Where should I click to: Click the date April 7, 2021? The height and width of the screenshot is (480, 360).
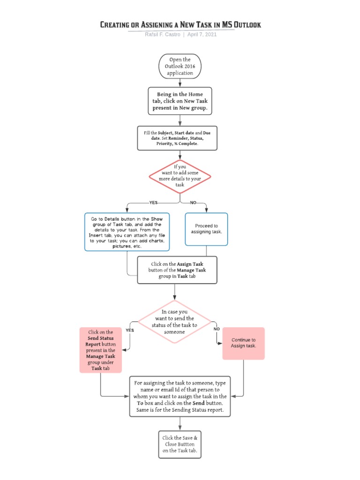[x=202, y=35]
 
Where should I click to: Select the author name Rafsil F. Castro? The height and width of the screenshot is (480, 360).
[x=163, y=35]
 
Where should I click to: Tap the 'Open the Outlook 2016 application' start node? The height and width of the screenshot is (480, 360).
[x=180, y=66]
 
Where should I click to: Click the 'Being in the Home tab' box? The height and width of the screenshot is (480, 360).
[x=180, y=101]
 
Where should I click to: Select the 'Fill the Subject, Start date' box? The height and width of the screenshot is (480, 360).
[x=177, y=138]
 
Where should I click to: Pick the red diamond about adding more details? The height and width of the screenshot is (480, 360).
[x=180, y=176]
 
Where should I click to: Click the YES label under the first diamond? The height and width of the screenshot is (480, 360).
[x=153, y=202]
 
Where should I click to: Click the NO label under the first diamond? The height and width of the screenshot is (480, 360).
[x=193, y=202]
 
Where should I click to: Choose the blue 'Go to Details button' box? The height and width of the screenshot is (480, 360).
[x=127, y=232]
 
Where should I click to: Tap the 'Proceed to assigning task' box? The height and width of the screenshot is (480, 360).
[x=206, y=229]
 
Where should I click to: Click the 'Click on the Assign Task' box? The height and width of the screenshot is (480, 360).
[x=177, y=270]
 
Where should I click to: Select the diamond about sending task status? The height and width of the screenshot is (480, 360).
[x=174, y=322]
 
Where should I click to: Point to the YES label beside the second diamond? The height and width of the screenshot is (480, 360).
[x=129, y=330]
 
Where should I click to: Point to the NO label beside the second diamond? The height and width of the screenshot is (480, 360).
[x=217, y=329]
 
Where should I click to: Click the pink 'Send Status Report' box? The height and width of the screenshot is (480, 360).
[x=100, y=350]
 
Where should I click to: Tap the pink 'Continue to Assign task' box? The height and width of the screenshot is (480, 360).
[x=243, y=343]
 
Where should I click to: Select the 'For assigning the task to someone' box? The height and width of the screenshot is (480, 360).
[x=180, y=397]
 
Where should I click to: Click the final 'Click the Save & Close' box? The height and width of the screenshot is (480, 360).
[x=180, y=444]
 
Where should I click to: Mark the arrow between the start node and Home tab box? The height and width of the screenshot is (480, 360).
[x=180, y=82]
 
